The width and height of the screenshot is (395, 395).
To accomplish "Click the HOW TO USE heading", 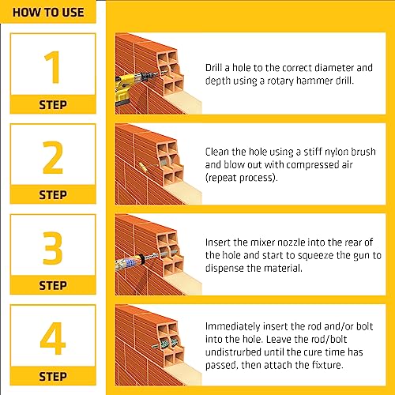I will pyautogui.click(x=49, y=13).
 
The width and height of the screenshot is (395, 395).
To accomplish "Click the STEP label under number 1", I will pyautogui.click(x=52, y=103).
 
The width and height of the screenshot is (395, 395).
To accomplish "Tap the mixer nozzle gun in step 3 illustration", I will pyautogui.click(x=131, y=260).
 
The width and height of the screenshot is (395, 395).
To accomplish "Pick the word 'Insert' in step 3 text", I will pyautogui.click(x=220, y=242).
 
